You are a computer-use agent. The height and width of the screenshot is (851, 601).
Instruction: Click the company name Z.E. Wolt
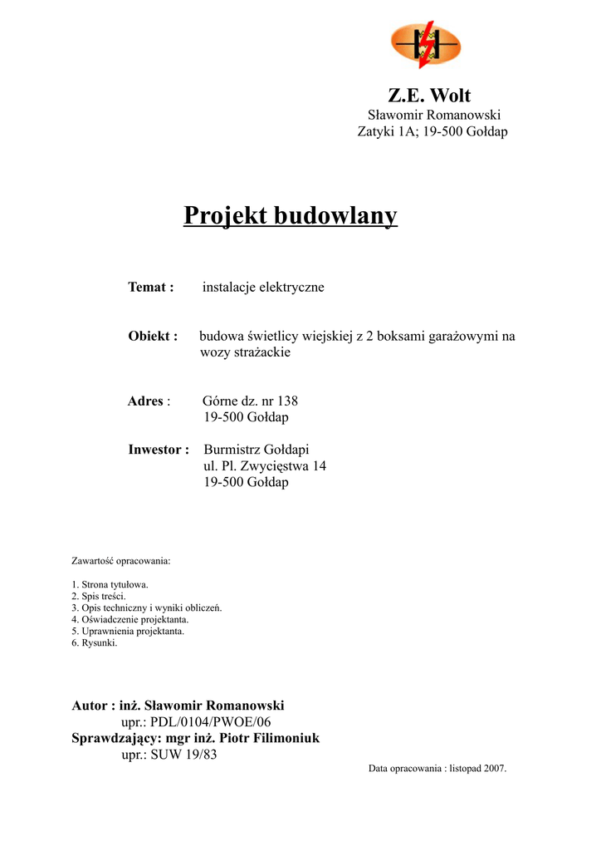pyautogui.click(x=429, y=95)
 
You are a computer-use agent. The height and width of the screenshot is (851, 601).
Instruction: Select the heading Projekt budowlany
pyautogui.click(x=291, y=216)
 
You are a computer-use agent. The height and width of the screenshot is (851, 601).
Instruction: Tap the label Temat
pyautogui.click(x=150, y=288)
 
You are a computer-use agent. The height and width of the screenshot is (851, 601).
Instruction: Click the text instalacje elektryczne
pyautogui.click(x=263, y=288)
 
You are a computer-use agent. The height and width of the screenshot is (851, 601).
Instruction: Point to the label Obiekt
pyautogui.click(x=153, y=337)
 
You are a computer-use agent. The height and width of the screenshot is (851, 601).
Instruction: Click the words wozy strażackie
pyautogui.click(x=246, y=352)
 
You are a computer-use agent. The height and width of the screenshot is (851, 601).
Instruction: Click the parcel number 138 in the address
pyautogui.click(x=287, y=401)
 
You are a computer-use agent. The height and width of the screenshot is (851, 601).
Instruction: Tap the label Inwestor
pyautogui.click(x=159, y=450)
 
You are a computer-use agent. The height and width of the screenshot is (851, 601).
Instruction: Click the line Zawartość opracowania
pyautogui.click(x=120, y=561)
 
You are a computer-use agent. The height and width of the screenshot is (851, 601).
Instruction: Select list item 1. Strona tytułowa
pyautogui.click(x=110, y=584)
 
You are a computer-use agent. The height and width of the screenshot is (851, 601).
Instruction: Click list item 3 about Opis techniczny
pyautogui.click(x=146, y=608)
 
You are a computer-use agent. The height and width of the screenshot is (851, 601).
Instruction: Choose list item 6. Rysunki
pyautogui.click(x=94, y=642)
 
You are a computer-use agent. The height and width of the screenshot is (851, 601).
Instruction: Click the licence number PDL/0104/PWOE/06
pyautogui.click(x=211, y=722)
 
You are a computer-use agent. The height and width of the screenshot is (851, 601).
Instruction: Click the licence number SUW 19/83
pyautogui.click(x=183, y=755)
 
